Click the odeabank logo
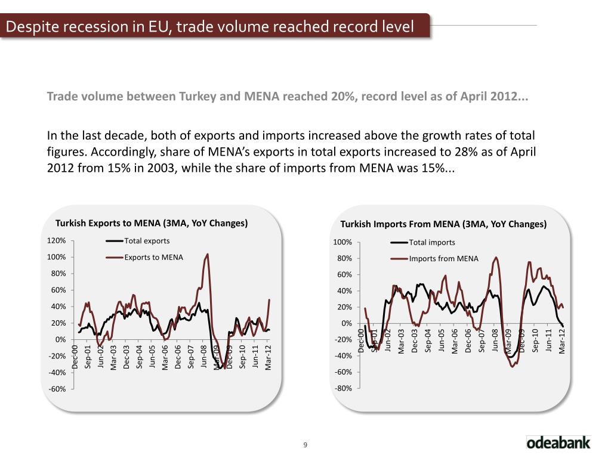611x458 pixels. coord(558,442)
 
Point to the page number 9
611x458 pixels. coord(305,445)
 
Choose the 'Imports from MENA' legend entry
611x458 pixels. coord(439,258)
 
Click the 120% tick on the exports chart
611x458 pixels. coord(57,241)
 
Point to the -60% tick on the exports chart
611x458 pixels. coord(57,389)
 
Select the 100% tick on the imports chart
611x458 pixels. coord(342,242)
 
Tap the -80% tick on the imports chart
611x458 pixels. coord(343,388)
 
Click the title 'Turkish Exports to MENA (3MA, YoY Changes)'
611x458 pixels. coord(152,224)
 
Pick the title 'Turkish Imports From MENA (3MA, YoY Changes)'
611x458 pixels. coord(443,225)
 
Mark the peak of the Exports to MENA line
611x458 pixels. coord(207,254)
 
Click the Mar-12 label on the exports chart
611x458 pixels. coord(269,358)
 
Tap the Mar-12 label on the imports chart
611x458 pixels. coord(561,342)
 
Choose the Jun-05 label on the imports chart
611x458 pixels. coord(441,342)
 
